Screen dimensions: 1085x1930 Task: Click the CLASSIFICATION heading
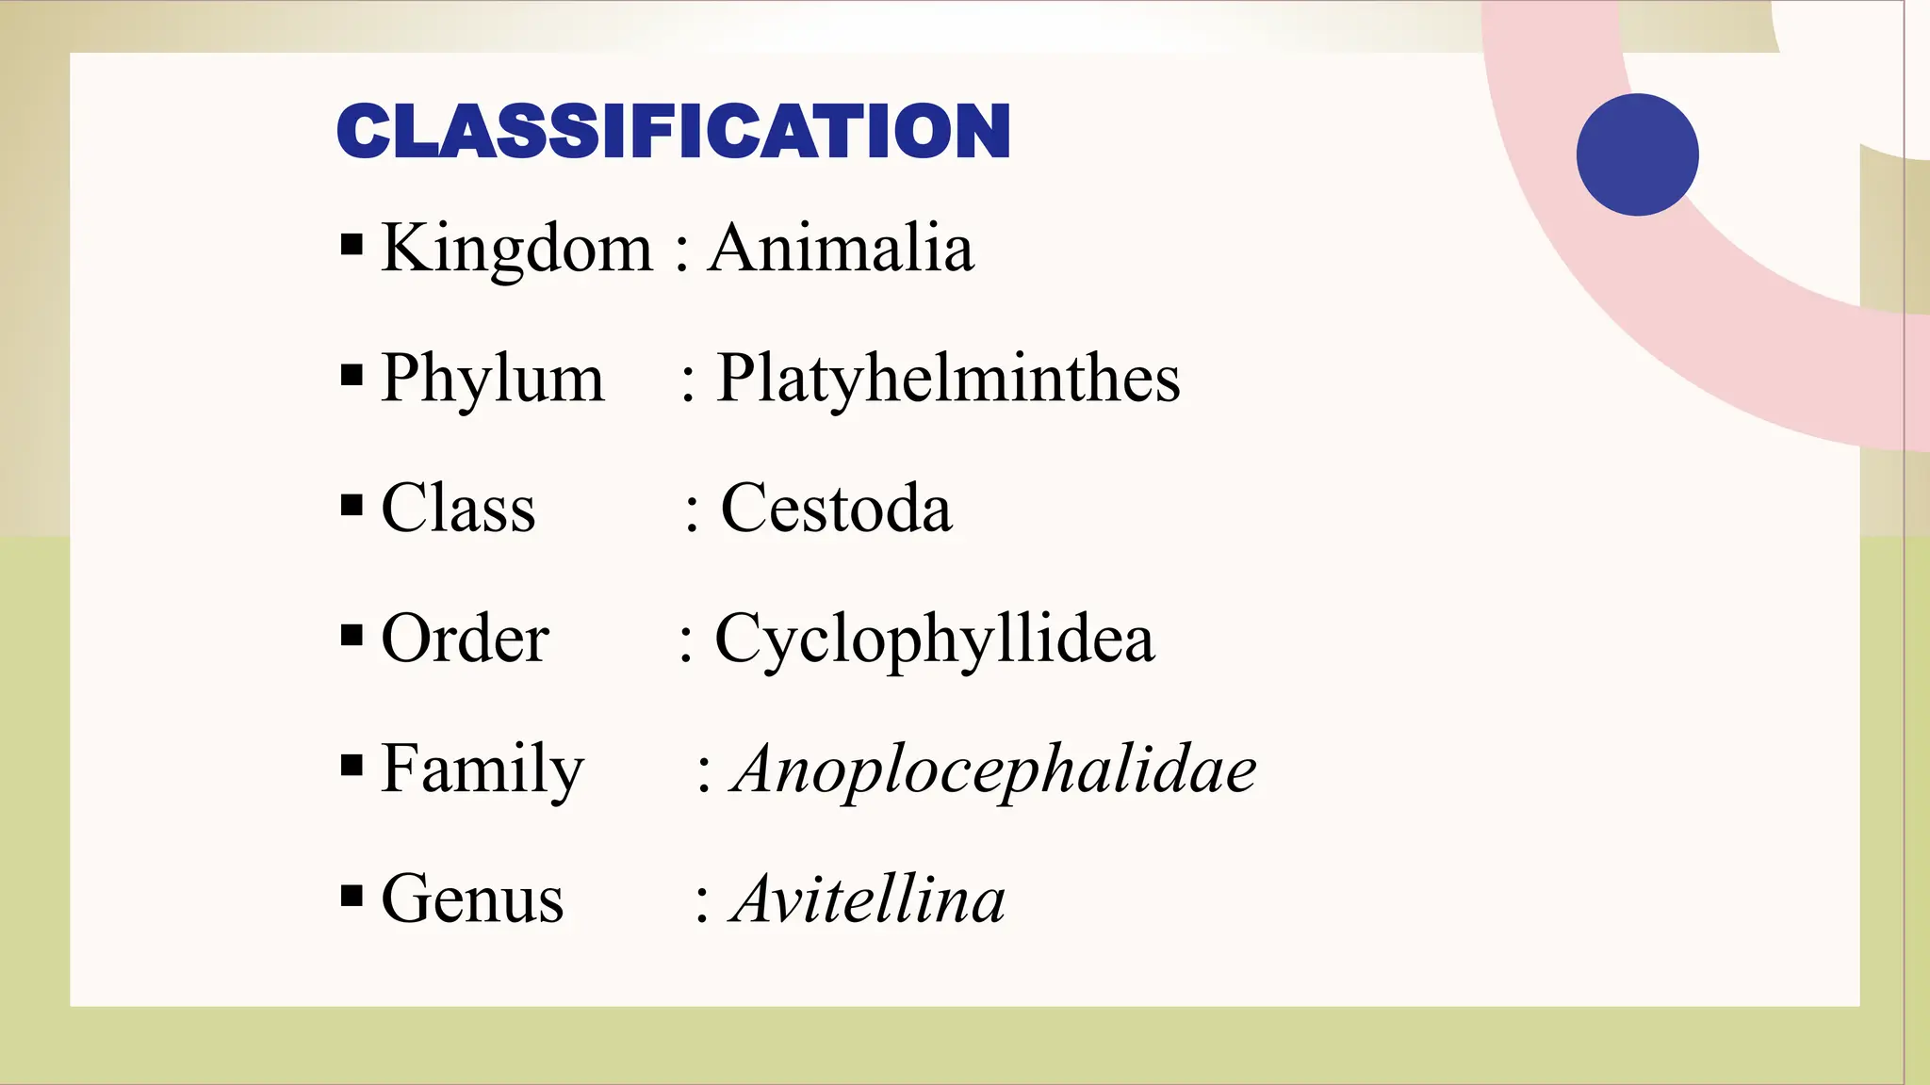point(673,131)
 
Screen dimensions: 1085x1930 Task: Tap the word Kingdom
point(516,249)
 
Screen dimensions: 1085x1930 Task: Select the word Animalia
point(841,249)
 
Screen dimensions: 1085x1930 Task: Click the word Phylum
point(492,379)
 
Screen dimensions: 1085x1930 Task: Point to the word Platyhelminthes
point(948,379)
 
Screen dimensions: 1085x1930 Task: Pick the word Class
point(458,509)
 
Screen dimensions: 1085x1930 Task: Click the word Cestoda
point(836,509)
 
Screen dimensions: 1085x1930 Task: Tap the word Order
point(465,639)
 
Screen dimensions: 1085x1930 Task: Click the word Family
point(482,769)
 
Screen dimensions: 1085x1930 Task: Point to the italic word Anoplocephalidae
point(994,769)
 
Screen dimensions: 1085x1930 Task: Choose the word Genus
point(472,899)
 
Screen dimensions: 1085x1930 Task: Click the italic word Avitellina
point(868,899)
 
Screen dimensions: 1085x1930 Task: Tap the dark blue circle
point(1637,154)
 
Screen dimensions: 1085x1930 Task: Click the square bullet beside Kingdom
point(352,246)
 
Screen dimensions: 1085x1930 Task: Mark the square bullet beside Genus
point(352,896)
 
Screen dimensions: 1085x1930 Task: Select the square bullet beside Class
point(352,506)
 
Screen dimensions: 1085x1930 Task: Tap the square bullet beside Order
point(352,636)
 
